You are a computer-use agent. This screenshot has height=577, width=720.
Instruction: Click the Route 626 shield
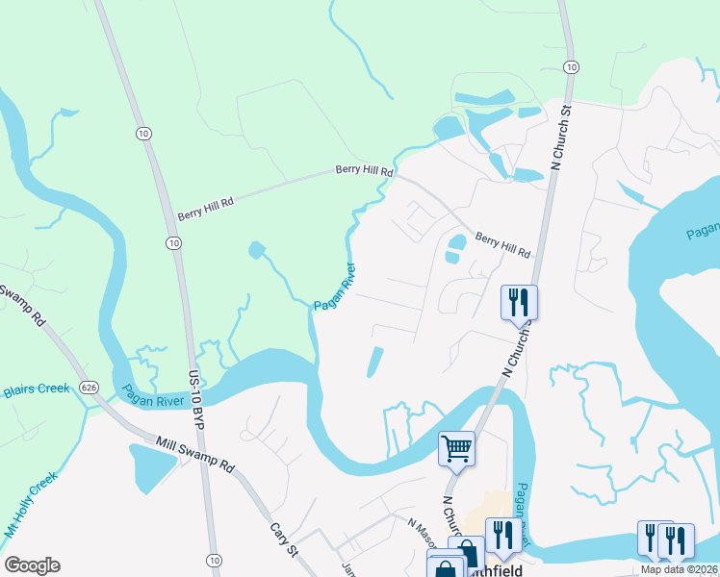click(x=90, y=387)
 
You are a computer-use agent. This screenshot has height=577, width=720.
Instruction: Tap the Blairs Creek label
click(x=37, y=389)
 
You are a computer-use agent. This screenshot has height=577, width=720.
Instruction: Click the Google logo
click(x=32, y=565)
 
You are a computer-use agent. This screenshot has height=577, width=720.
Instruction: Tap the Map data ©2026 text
click(x=680, y=569)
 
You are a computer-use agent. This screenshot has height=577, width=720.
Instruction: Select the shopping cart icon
click(x=456, y=446)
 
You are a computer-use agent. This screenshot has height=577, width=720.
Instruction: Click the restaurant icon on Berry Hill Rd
click(x=519, y=301)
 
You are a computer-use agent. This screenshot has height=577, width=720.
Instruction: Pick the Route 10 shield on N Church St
click(x=572, y=66)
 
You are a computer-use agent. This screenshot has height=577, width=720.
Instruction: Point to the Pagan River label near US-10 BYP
click(x=154, y=395)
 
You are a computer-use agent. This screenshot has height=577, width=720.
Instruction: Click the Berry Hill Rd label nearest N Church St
click(x=502, y=245)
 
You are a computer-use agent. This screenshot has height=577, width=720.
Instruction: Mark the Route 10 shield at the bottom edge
click(x=215, y=560)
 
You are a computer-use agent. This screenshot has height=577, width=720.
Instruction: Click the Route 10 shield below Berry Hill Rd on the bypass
click(x=173, y=243)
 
